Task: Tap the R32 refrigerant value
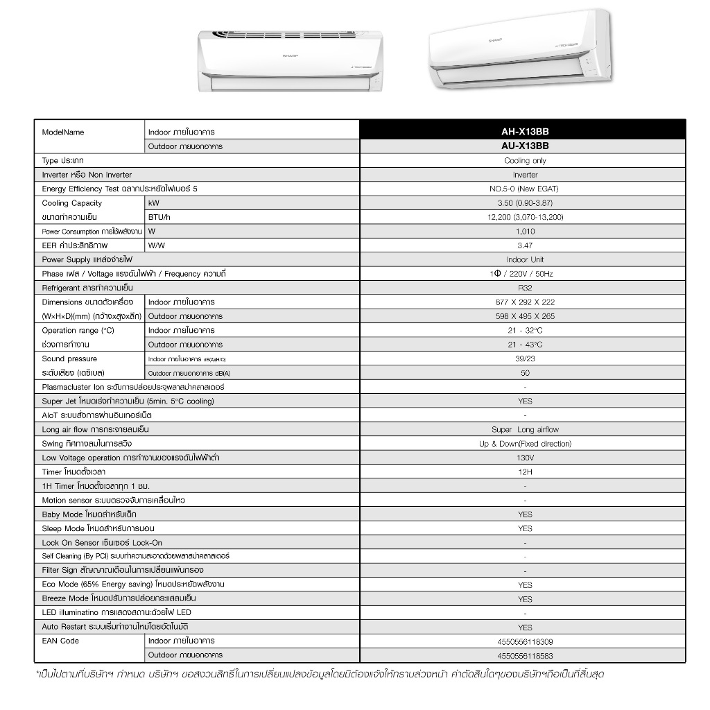click(525, 288)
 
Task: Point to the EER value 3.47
click(525, 245)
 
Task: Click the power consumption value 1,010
click(525, 232)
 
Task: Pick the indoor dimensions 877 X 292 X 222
click(525, 302)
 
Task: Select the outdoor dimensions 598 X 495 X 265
click(525, 316)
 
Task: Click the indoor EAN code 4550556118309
click(525, 642)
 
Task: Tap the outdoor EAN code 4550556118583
click(525, 656)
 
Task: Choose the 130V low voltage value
click(525, 458)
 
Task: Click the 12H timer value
click(525, 472)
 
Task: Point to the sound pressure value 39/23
click(525, 359)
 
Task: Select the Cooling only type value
click(525, 161)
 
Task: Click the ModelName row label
click(63, 132)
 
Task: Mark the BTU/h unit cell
click(159, 217)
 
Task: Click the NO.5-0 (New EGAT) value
click(525, 189)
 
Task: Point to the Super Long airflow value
click(525, 430)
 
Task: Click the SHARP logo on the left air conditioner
click(290, 55)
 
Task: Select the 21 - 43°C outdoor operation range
click(525, 345)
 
